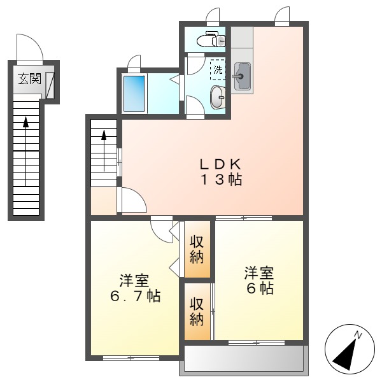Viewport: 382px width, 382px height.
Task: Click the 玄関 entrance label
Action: (x=29, y=78)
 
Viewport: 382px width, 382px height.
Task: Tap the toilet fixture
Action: (x=211, y=39)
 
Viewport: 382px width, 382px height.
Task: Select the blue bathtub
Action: (x=134, y=94)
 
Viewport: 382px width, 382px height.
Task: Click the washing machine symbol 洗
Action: (x=218, y=69)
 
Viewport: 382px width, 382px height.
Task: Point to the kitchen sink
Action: (x=242, y=76)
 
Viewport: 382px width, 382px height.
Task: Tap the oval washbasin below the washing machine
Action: (x=218, y=97)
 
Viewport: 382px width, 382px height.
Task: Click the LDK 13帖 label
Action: (x=221, y=172)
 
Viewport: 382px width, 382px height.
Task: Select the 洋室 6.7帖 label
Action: (x=135, y=288)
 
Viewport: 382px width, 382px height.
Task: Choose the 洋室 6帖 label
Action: (x=259, y=280)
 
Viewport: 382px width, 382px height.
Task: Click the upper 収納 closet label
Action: (x=197, y=249)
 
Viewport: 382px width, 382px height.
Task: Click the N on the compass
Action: (x=358, y=335)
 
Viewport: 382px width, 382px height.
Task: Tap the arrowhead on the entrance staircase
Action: (x=26, y=122)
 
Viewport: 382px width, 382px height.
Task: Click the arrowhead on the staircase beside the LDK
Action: (x=104, y=135)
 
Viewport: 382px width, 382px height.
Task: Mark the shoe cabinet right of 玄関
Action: (x=50, y=85)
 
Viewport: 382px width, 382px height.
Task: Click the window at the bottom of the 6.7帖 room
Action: (x=131, y=358)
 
